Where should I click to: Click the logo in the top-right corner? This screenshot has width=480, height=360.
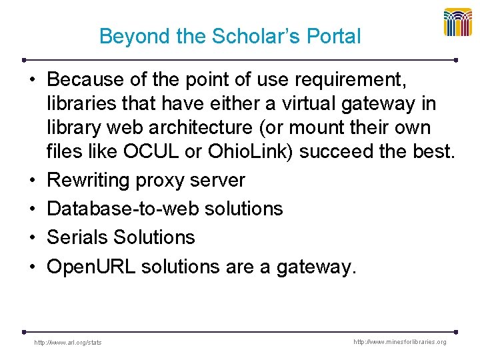click(x=458, y=23)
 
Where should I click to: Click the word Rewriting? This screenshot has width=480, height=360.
click(x=90, y=180)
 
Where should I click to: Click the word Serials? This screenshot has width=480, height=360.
click(x=77, y=237)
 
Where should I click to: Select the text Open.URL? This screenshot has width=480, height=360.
click(x=91, y=267)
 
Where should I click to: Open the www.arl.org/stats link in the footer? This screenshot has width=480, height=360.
click(x=68, y=343)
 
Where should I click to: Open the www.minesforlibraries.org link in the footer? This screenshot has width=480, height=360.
click(x=401, y=342)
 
